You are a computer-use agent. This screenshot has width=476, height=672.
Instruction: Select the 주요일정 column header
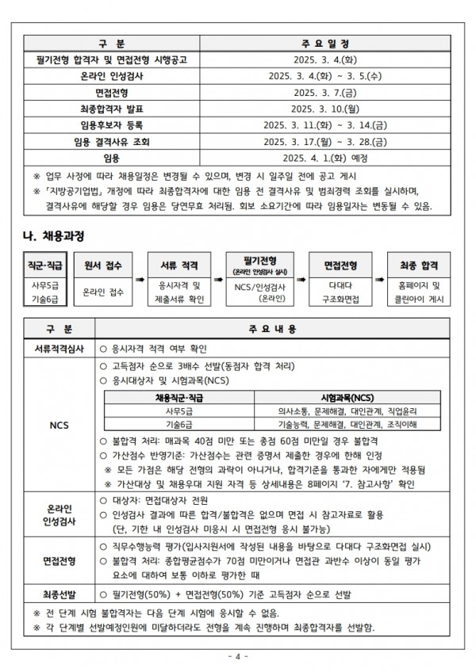(326, 43)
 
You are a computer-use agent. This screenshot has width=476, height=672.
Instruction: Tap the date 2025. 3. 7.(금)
(326, 93)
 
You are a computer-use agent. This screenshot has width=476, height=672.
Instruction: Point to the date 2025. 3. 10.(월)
(326, 109)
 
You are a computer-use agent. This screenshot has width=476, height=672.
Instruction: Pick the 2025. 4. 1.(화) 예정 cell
(326, 159)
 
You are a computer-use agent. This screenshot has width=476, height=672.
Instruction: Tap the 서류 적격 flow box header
(180, 265)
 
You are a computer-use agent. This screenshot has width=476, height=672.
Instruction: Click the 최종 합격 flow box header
(418, 265)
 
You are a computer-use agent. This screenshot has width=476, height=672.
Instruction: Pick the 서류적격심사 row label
(59, 349)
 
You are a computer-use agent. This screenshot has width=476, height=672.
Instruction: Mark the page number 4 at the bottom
(238, 657)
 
